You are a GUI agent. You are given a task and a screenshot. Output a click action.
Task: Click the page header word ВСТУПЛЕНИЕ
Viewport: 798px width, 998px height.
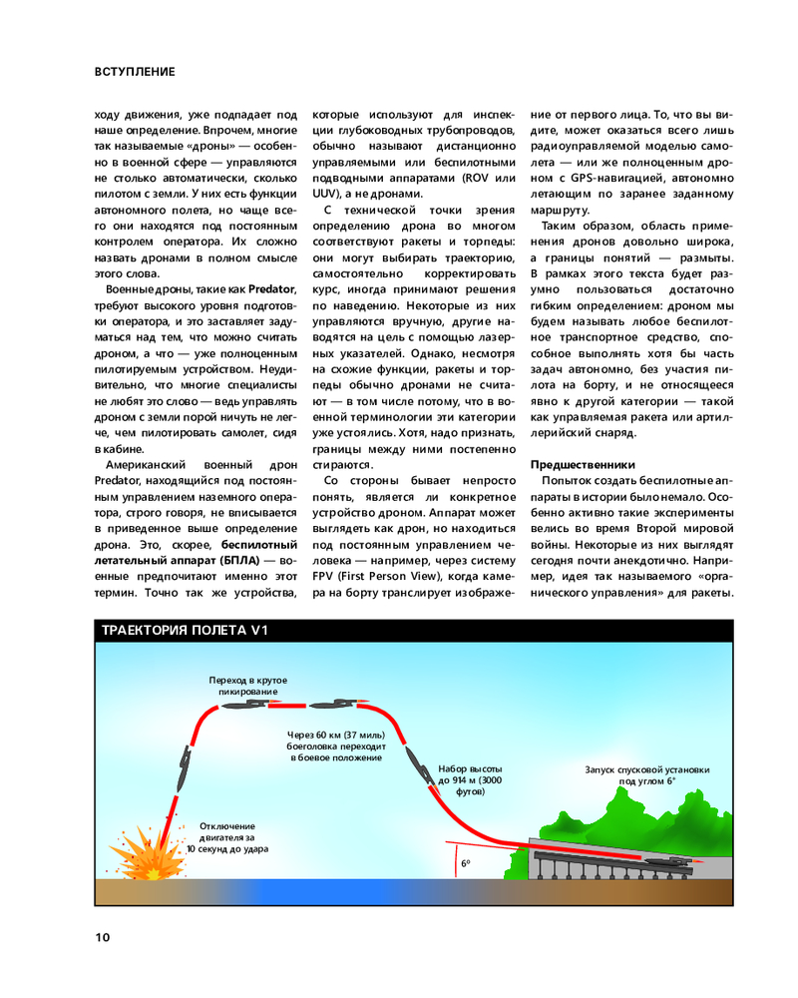135,72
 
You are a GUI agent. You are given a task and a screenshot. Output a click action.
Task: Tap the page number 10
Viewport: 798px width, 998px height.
104,937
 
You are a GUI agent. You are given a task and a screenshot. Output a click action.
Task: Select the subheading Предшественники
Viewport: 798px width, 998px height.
582,465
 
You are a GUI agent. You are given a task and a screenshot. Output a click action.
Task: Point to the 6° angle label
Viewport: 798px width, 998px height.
466,863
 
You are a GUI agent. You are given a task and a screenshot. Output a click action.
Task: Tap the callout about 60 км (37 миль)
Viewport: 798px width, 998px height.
336,748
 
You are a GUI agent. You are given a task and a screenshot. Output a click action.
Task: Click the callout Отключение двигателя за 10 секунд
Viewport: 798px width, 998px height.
227,837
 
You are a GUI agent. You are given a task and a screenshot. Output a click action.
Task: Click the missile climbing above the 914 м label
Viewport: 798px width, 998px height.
412,761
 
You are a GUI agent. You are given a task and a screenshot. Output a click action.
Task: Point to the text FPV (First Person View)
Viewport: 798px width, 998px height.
377,577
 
